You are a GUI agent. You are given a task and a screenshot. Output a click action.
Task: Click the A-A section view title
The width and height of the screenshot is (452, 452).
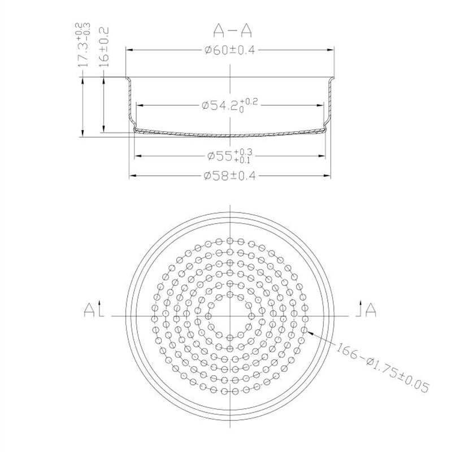coord(230,29)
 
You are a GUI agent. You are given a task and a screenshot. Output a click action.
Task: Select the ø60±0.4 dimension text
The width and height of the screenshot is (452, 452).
coord(230,50)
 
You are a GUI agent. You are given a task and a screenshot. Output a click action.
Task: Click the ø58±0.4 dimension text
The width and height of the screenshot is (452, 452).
coord(230,176)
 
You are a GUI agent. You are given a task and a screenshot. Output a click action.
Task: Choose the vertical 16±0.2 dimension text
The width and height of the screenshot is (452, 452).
coord(104,47)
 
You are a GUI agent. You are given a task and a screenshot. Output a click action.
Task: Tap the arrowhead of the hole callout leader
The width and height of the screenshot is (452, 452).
coord(308,331)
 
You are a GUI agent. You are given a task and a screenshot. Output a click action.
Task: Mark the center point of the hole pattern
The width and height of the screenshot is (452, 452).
coord(230,316)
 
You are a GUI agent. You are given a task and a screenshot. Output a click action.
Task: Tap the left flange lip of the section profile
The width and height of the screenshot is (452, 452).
coord(128,79)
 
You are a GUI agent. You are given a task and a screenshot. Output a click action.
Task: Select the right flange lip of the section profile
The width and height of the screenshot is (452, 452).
coord(332,79)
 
